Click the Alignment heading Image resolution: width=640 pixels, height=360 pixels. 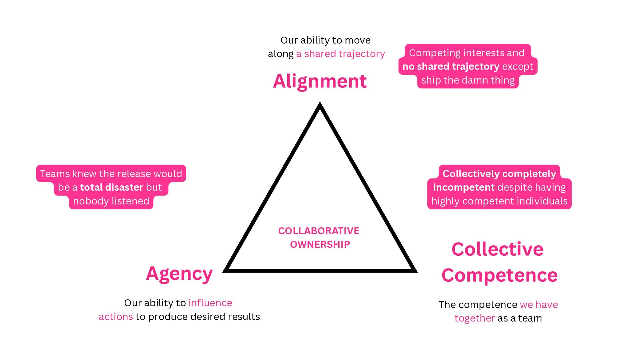pyautogui.click(x=320, y=81)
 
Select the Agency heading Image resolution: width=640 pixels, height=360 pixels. pyautogui.click(x=179, y=274)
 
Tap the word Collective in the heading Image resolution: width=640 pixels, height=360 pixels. pyautogui.click(x=497, y=249)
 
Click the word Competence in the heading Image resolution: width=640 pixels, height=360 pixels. pyautogui.click(x=499, y=275)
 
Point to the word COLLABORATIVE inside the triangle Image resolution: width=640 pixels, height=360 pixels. pyautogui.click(x=319, y=231)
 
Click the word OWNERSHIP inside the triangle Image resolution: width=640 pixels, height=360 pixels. pyautogui.click(x=320, y=244)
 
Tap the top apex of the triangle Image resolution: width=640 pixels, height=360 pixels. pyautogui.click(x=320, y=105)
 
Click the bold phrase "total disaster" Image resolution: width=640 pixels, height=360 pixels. pyautogui.click(x=112, y=187)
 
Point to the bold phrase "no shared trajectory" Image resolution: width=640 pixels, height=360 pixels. pyautogui.click(x=451, y=66)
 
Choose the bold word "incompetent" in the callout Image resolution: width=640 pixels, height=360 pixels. pyautogui.click(x=464, y=187)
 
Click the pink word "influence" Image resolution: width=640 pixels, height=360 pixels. pyautogui.click(x=210, y=303)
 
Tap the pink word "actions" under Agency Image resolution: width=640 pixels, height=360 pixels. pyautogui.click(x=116, y=316)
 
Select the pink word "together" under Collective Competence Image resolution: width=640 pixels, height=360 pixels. pyautogui.click(x=474, y=318)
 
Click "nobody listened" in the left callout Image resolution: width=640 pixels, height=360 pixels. pyautogui.click(x=111, y=201)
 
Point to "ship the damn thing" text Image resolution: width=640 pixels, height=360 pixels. pyautogui.click(x=468, y=80)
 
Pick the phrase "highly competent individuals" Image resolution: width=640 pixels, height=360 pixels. pyautogui.click(x=499, y=201)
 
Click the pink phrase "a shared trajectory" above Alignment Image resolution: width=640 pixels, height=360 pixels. pyautogui.click(x=340, y=54)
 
